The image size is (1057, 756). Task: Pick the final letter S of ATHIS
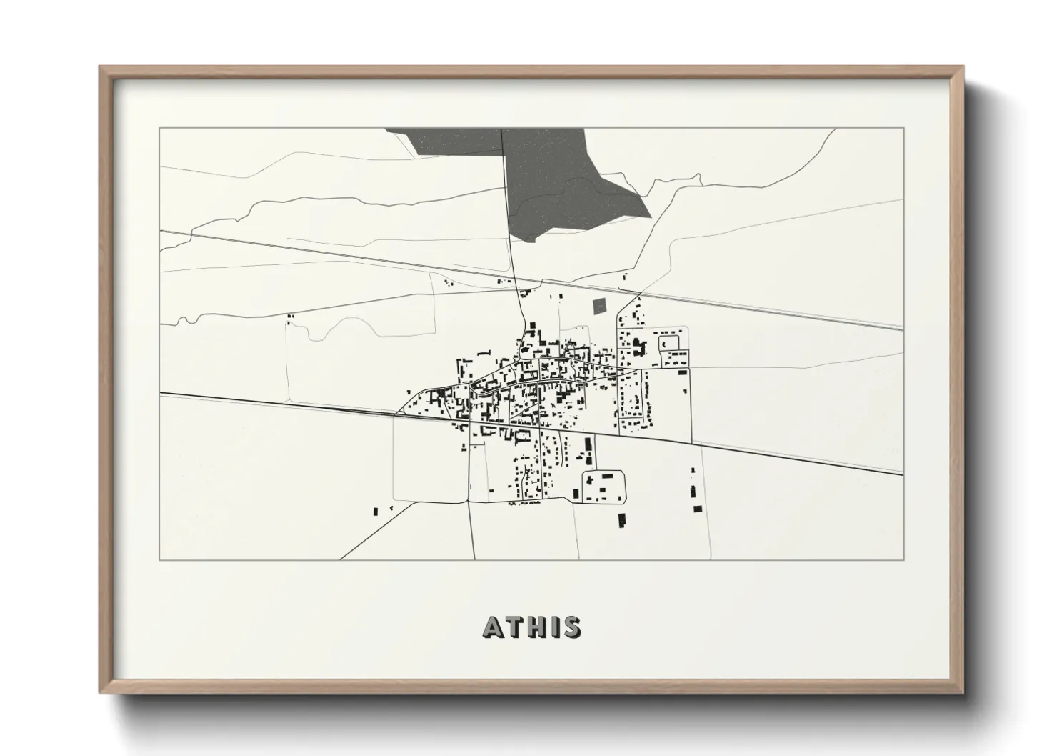pyautogui.click(x=572, y=627)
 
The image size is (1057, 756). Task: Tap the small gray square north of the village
pyautogui.click(x=598, y=307)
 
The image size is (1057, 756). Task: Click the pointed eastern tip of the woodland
pyautogui.click(x=651, y=215)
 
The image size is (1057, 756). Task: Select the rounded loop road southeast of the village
pyautogui.click(x=604, y=486)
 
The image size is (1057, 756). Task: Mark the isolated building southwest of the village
pyautogui.click(x=376, y=511)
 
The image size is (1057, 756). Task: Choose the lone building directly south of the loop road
pyautogui.click(x=621, y=520)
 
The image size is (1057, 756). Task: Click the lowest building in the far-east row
pyautogui.click(x=697, y=509)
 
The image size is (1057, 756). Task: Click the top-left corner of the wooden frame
pyautogui.click(x=101, y=67)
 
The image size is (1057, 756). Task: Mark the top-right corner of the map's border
pyautogui.click(x=903, y=128)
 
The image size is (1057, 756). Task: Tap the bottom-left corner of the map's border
pyautogui.click(x=159, y=559)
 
